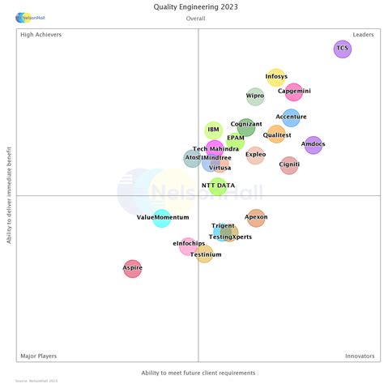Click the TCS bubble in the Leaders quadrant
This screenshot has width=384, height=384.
pos(343,49)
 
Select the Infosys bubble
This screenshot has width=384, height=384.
pos(276,78)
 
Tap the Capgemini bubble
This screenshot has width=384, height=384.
pos(294,92)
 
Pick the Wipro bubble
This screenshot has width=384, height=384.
pos(255,97)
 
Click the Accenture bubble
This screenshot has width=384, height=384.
pos(292,118)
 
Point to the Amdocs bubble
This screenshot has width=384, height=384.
pos(314,146)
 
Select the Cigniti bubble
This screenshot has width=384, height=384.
pos(289,166)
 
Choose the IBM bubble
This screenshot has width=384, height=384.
pos(214,130)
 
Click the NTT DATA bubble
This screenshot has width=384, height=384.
pos(218,187)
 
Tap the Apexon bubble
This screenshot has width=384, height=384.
pos(256,218)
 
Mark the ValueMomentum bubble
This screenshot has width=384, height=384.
pos(163,218)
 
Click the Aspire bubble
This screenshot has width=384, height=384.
pos(133,268)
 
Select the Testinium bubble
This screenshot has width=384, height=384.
pos(206,255)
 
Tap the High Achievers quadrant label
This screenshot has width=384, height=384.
pos(41,35)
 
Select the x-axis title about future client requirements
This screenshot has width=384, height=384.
pos(198,373)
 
